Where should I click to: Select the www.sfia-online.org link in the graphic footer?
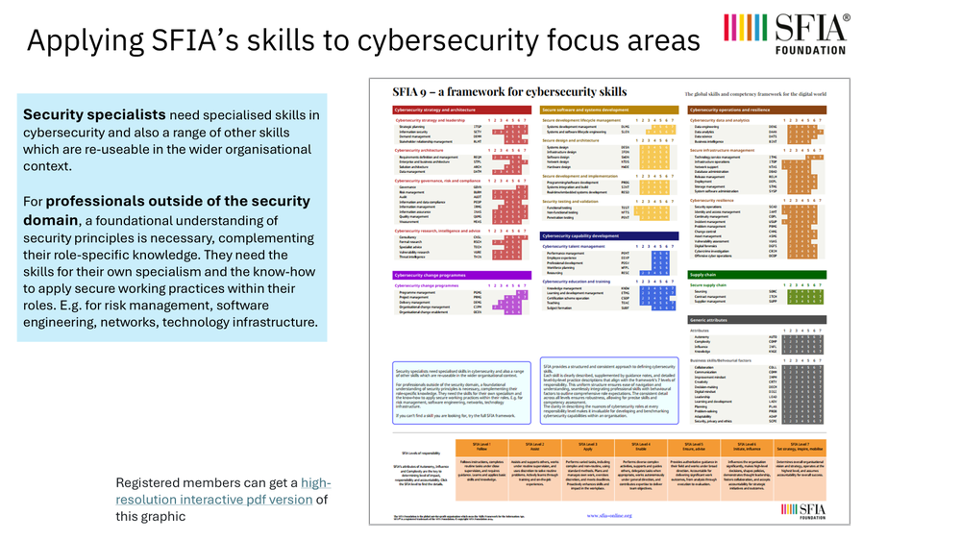[607, 514]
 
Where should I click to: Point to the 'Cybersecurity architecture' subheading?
[423, 151]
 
